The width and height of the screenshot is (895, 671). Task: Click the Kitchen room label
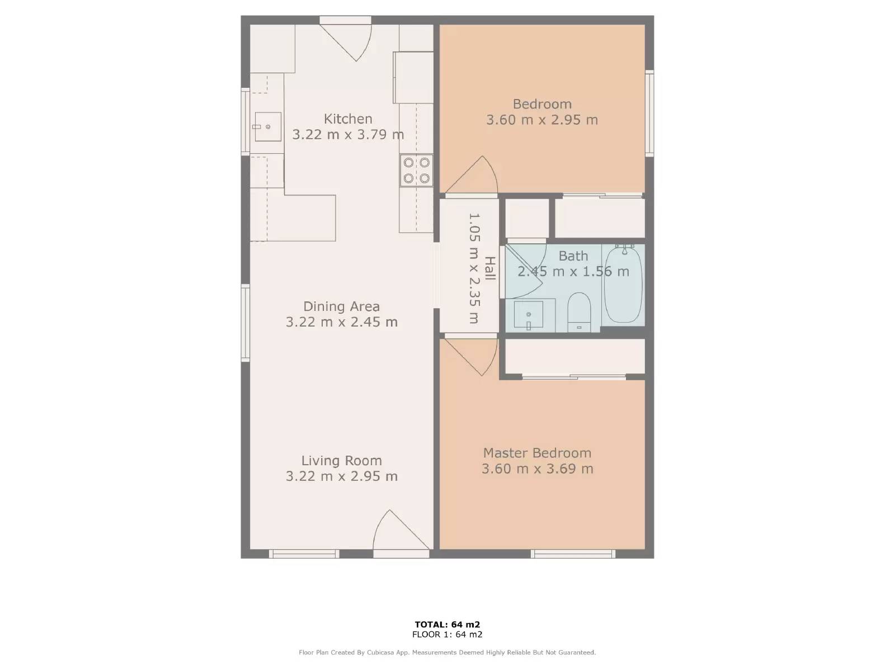(348, 119)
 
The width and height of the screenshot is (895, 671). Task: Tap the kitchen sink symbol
(267, 127)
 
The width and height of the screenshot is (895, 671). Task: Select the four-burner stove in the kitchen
(417, 171)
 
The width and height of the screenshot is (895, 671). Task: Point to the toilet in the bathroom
(579, 312)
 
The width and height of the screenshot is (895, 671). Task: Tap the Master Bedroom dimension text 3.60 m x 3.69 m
(537, 469)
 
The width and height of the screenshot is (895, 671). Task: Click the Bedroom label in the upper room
(542, 104)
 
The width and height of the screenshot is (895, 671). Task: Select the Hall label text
(489, 268)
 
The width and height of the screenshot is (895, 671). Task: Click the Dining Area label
(341, 306)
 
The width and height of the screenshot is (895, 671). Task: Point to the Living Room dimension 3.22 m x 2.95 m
(341, 476)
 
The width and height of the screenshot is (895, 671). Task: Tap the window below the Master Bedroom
(573, 554)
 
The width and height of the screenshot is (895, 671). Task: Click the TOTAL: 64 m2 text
(447, 625)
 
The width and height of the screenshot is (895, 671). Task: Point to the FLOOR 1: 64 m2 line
(447, 634)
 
